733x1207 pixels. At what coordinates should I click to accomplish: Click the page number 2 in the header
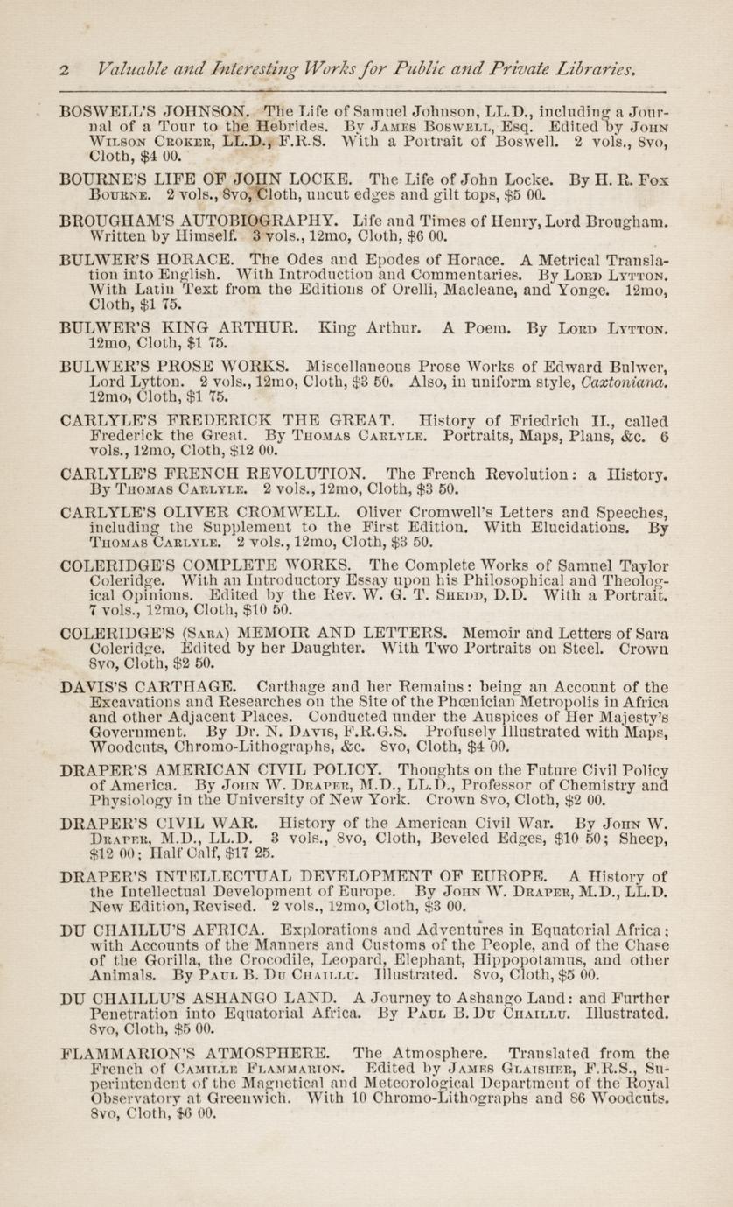tap(65, 69)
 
